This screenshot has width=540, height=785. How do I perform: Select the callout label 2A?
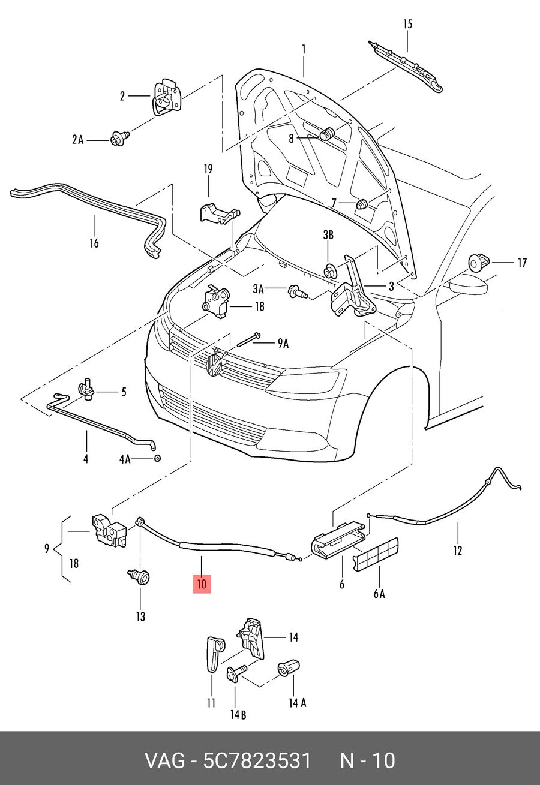(x=78, y=140)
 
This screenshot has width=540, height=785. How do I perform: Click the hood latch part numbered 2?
(x=166, y=97)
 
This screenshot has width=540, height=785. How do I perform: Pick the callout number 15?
(x=407, y=24)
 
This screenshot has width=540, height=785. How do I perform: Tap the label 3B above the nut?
(x=328, y=235)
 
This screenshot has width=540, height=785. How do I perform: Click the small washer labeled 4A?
(x=157, y=458)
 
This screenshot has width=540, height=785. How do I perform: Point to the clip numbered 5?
(x=86, y=388)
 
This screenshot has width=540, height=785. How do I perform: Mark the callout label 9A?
(x=283, y=344)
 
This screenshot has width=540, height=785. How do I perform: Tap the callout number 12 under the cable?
(x=458, y=550)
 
